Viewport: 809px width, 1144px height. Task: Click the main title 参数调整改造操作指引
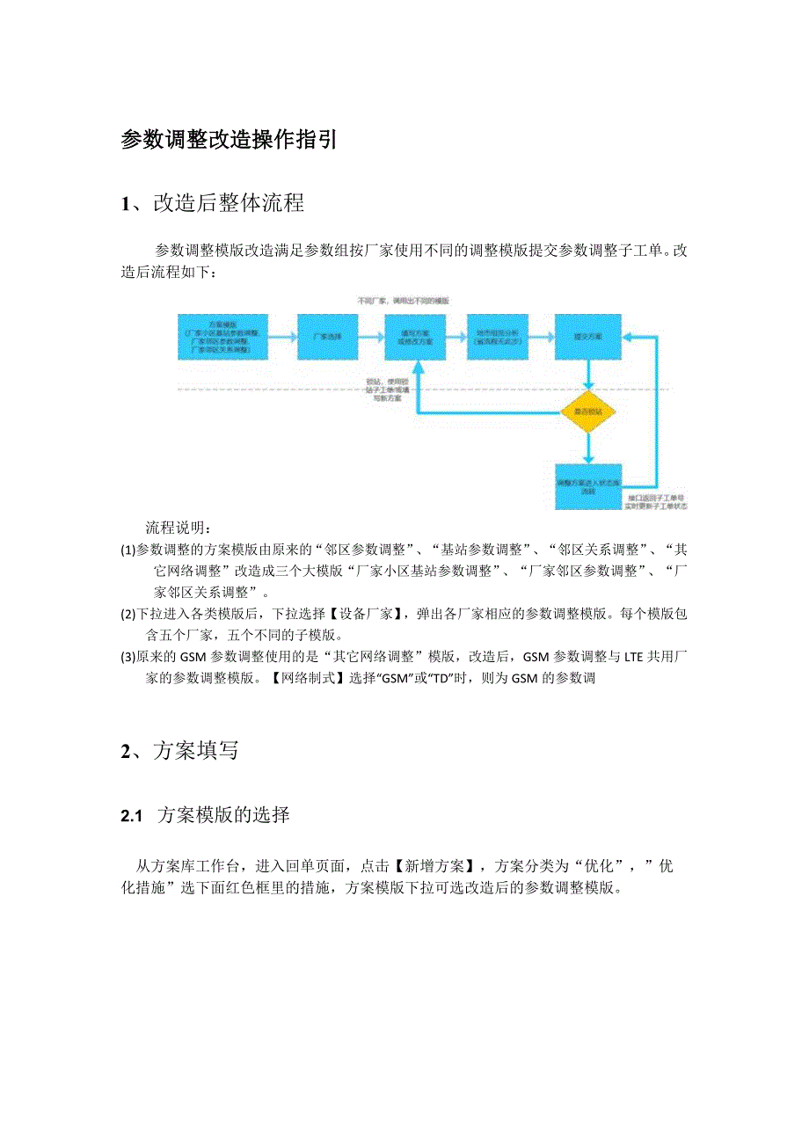point(229,140)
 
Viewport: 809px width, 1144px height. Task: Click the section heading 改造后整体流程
point(229,204)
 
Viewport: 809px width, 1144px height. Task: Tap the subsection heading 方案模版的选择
point(222,816)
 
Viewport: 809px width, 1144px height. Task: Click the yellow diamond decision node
point(588,412)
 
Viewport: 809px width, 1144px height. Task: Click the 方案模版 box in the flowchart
point(222,337)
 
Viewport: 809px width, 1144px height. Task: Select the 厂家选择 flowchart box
point(327,337)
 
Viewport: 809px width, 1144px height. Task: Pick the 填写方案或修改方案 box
point(415,337)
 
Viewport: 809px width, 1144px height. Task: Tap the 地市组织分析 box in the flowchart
point(497,337)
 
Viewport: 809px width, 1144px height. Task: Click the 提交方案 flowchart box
point(588,337)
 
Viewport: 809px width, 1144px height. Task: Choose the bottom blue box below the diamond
point(588,486)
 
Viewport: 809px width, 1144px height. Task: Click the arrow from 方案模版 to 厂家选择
point(281,337)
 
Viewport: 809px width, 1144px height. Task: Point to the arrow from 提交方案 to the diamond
point(588,375)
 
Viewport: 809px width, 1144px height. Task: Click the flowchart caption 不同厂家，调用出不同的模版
point(403,301)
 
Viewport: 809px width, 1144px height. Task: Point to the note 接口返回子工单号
point(656,498)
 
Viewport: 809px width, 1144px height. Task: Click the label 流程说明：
point(177,528)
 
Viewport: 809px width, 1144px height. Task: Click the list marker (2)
point(128,614)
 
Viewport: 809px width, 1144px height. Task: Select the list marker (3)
point(128,657)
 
